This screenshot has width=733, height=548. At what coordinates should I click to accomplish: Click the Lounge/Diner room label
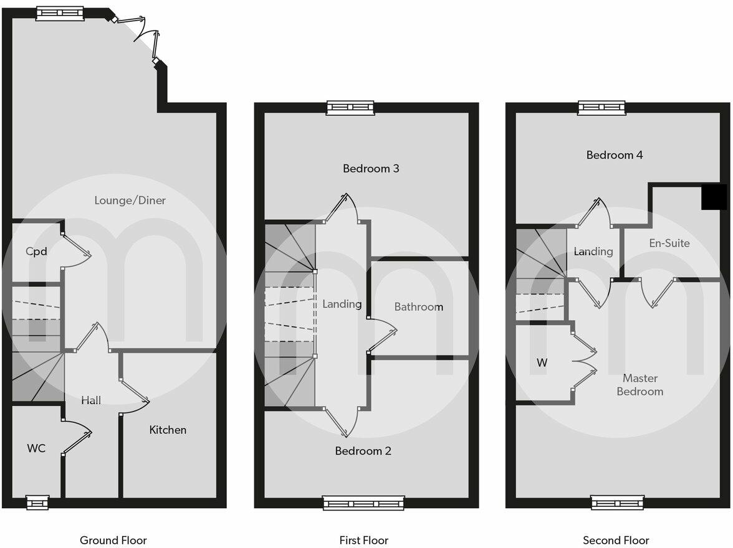130,201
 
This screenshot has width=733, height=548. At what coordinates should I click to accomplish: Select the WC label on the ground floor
36,448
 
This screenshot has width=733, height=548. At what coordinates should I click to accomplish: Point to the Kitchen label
168,430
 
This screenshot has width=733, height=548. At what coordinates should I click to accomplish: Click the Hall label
91,400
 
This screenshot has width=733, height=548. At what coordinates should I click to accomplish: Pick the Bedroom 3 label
371,168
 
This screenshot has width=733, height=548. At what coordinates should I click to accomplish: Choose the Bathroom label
419,306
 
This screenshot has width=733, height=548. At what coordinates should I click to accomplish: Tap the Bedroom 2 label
363,451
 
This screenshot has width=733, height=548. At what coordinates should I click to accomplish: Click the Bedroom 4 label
615,155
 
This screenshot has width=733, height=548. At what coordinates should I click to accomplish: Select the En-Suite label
669,243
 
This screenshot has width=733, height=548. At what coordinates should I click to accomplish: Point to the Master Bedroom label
640,385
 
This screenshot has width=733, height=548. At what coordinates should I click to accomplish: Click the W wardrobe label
542,362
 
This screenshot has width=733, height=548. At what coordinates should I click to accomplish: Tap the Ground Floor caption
113,540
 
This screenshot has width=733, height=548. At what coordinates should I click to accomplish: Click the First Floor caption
364,540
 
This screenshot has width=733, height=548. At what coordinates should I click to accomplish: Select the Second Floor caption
616,540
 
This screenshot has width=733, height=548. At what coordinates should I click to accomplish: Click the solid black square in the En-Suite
714,197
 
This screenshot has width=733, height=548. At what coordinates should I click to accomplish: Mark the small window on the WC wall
37,502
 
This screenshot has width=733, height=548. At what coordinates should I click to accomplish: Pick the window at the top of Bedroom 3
350,108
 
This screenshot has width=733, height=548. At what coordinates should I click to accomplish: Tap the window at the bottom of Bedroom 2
363,503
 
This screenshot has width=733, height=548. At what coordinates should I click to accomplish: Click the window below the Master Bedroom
617,503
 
